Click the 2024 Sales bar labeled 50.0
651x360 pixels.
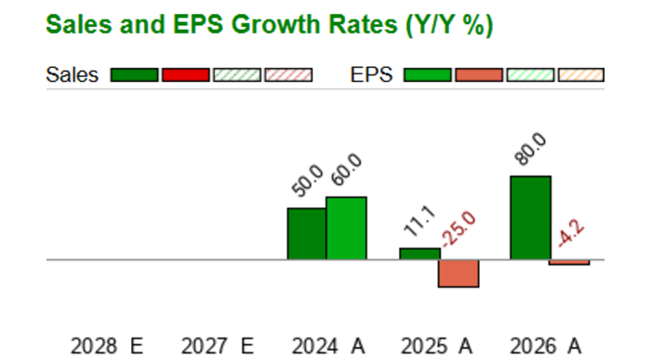point(307,233)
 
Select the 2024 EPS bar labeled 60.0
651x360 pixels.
point(346,229)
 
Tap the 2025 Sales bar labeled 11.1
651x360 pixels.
point(419,254)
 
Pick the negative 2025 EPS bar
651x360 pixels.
point(458,273)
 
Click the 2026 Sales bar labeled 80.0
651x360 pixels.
point(531,218)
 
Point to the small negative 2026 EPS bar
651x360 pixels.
point(569,262)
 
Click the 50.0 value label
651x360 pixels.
point(307,180)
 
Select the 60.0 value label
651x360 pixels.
point(347,169)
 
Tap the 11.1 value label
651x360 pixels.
point(419,220)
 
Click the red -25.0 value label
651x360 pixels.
point(458,229)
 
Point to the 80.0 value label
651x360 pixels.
point(530,149)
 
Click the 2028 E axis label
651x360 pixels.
point(107,346)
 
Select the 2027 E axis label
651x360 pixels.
point(217,346)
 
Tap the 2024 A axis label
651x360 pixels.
point(328,346)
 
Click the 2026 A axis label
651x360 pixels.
point(546,346)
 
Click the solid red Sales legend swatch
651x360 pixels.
point(186,75)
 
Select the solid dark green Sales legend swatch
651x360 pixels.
point(134,75)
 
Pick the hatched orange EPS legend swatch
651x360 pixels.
point(581,75)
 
